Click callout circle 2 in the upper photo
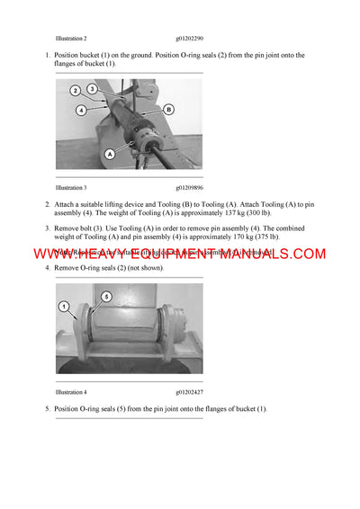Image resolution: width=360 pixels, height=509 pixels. [76, 91]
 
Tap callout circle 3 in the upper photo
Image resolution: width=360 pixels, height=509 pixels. [93, 88]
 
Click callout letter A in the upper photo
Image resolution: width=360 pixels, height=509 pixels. [110, 154]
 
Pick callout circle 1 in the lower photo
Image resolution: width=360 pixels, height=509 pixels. [64, 307]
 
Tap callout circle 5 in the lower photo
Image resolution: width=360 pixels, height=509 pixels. [105, 296]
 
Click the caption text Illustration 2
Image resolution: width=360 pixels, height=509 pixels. [71, 40]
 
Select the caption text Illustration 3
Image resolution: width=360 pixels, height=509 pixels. [71, 188]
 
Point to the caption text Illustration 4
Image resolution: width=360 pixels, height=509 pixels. [71, 393]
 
